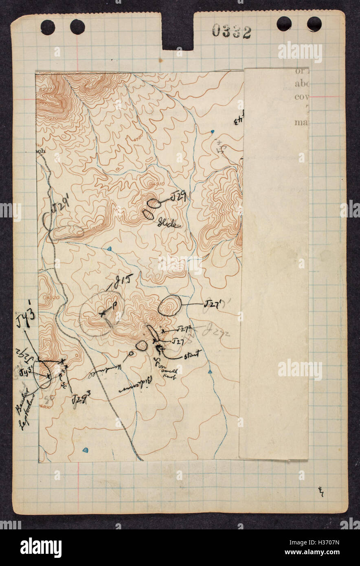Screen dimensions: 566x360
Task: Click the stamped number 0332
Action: tap(231, 31)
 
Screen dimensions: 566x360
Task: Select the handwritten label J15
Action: tap(123, 281)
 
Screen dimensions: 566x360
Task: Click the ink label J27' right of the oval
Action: tap(212, 304)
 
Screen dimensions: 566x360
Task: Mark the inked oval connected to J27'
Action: tap(169, 306)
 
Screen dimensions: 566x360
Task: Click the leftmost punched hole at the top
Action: tap(48, 27)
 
